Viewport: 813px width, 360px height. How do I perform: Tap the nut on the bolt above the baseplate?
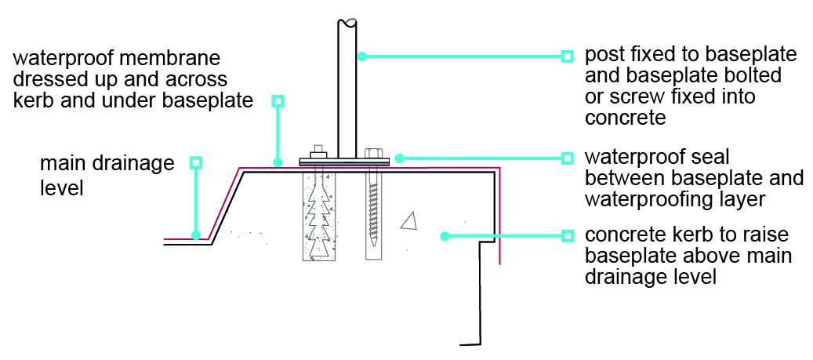coord(318,154)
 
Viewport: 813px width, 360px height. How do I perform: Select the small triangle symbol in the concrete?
coord(409,221)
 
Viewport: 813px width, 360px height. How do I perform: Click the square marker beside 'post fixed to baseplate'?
coord(568,56)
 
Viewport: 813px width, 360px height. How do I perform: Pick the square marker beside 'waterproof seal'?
coord(568,158)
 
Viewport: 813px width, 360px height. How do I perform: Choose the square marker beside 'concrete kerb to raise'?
coord(568,236)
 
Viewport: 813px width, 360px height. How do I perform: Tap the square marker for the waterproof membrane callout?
coord(278,100)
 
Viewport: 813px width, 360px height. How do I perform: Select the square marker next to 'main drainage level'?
coord(195,162)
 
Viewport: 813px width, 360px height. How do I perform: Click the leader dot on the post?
coord(362,56)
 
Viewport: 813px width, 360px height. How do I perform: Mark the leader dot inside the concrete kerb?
coord(444,236)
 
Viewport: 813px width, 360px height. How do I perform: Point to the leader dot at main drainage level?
coord(195,235)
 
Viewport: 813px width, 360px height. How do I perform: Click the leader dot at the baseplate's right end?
coord(398,158)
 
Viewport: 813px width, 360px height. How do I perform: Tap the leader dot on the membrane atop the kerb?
coord(278,163)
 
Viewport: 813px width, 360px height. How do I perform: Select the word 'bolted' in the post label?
coord(753,75)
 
